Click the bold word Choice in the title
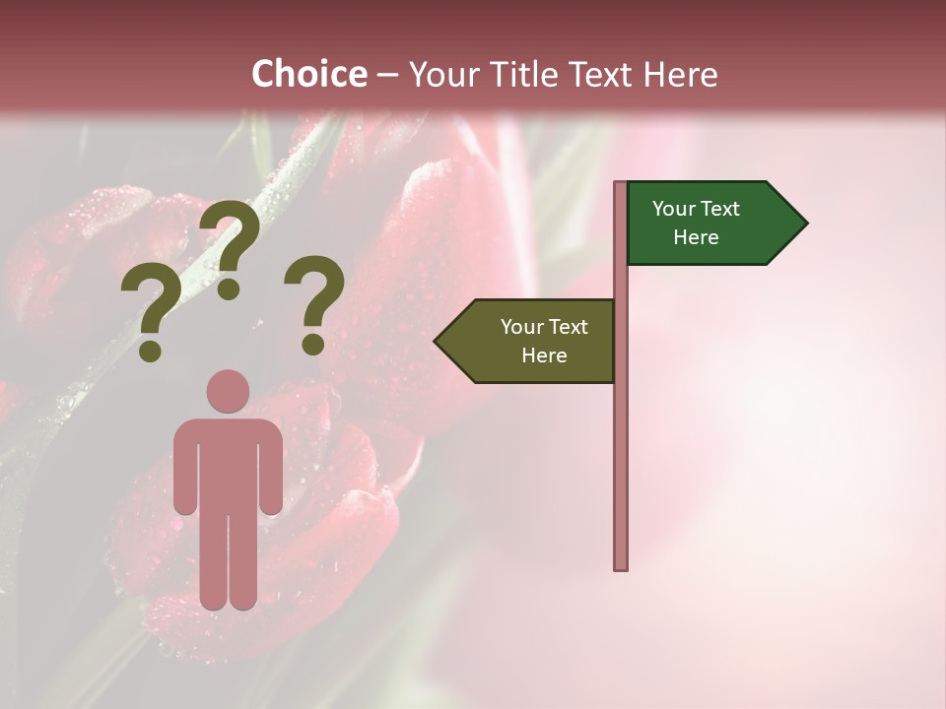(x=308, y=75)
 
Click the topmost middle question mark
(x=231, y=248)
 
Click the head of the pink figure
(x=228, y=391)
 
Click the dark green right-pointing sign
(x=705, y=224)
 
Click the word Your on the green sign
(x=674, y=209)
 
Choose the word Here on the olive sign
(x=544, y=355)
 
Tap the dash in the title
(x=387, y=76)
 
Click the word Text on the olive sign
(x=568, y=327)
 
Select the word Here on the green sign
(x=696, y=237)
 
